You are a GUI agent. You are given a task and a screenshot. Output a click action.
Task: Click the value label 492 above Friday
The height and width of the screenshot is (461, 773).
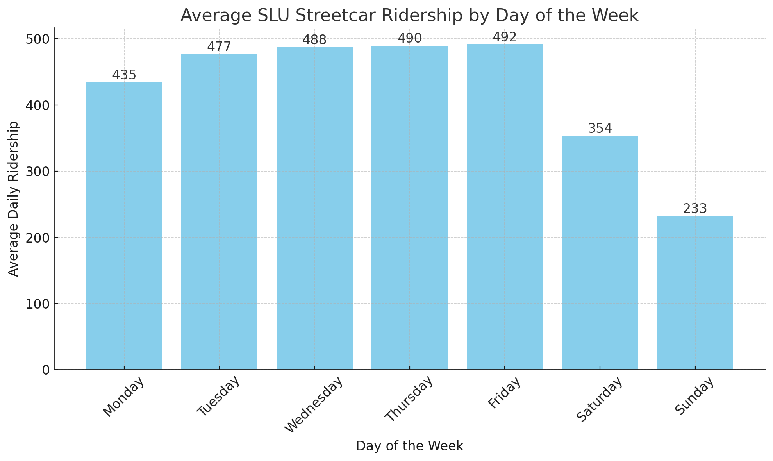point(505,38)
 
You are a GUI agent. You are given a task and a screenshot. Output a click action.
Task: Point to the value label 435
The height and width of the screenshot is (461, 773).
point(124,75)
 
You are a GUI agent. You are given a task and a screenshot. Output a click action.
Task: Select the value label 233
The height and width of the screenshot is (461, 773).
point(695,209)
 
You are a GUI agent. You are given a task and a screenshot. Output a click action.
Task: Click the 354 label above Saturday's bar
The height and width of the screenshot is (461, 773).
point(600,129)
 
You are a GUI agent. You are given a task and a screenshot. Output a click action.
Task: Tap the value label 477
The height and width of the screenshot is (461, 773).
point(219,47)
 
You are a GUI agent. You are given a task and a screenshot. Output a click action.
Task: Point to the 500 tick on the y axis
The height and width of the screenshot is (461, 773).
point(37,39)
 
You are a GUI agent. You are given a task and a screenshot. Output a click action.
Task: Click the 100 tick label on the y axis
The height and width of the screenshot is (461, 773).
point(37,304)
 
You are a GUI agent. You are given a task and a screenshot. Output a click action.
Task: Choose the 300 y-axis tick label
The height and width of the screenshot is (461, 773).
point(37,172)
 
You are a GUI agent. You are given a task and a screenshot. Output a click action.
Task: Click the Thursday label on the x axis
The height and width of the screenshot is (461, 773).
point(409,398)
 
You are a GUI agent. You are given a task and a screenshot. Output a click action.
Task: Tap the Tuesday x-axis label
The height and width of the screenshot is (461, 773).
point(218,396)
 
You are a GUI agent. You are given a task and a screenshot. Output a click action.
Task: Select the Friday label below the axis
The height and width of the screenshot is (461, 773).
point(505,393)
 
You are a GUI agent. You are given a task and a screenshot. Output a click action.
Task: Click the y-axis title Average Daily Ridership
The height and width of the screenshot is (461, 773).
point(14,198)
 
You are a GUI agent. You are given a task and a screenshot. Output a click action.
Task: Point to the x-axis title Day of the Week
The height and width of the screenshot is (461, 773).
point(409,446)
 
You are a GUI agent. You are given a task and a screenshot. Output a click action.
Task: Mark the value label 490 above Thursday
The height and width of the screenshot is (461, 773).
point(410,39)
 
